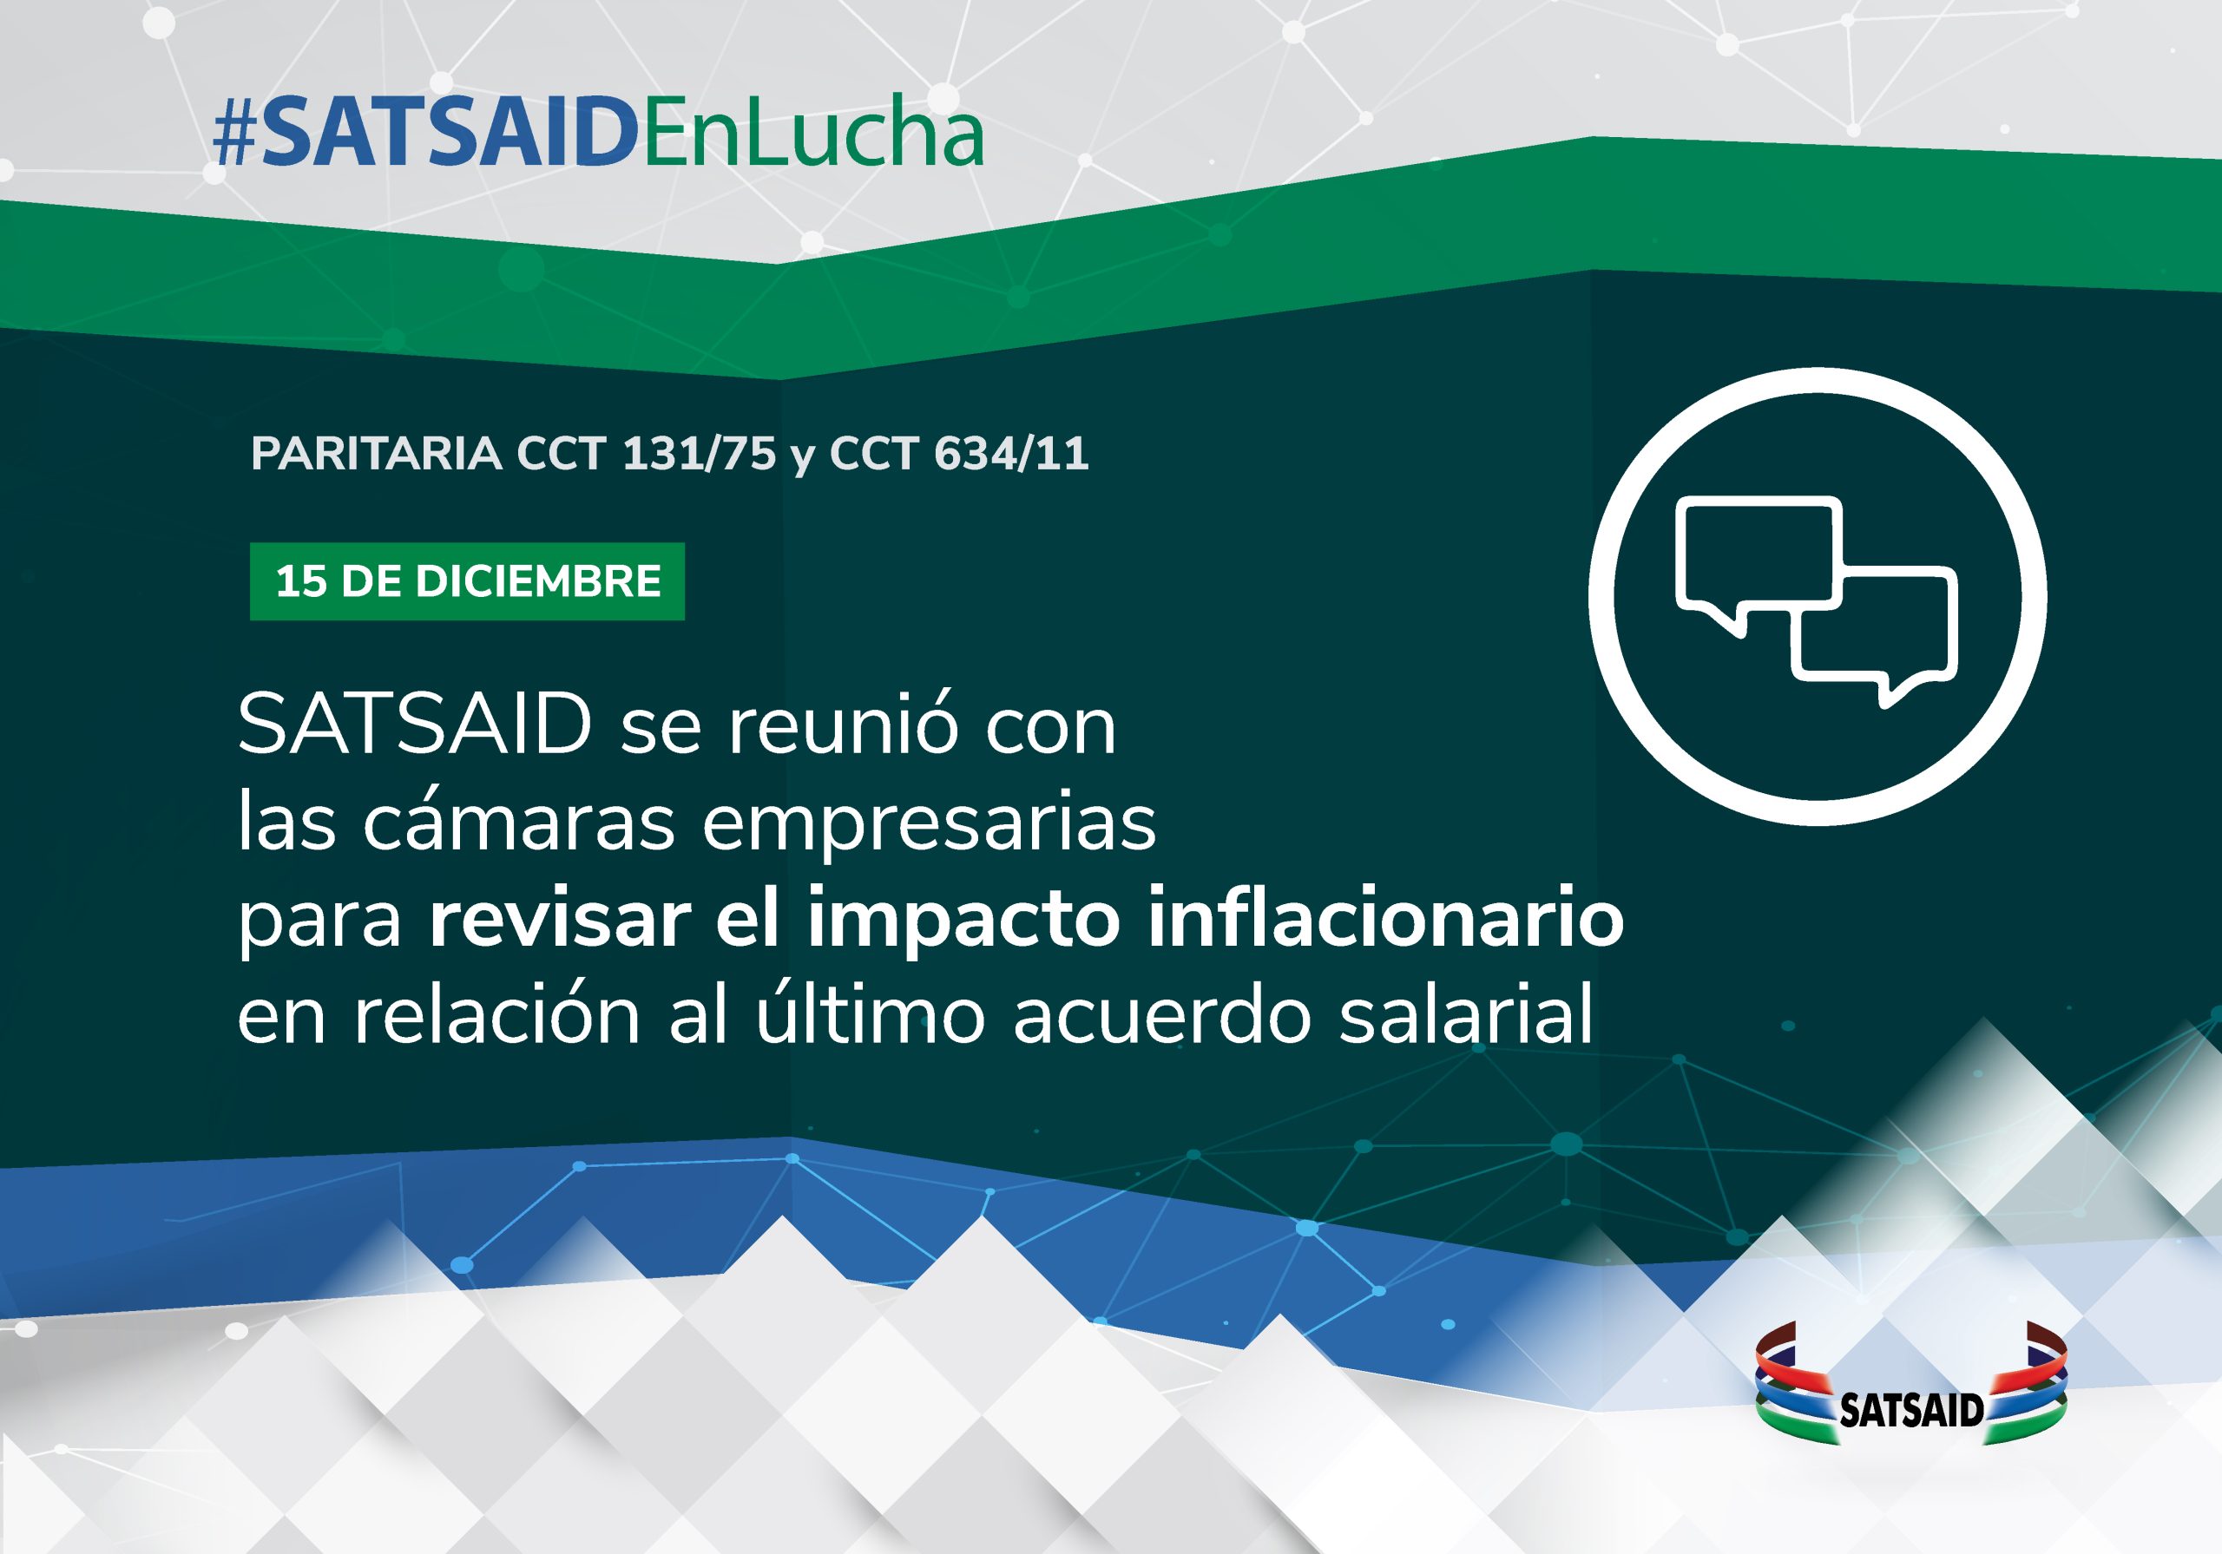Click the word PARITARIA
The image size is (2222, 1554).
click(377, 454)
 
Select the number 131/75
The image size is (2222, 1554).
click(699, 454)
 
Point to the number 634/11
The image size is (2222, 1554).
click(1011, 454)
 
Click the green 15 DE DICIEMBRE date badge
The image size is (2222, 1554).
click(468, 581)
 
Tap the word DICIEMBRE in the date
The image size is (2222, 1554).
click(538, 581)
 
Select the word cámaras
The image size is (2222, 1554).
click(519, 822)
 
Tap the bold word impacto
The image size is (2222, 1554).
click(964, 921)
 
